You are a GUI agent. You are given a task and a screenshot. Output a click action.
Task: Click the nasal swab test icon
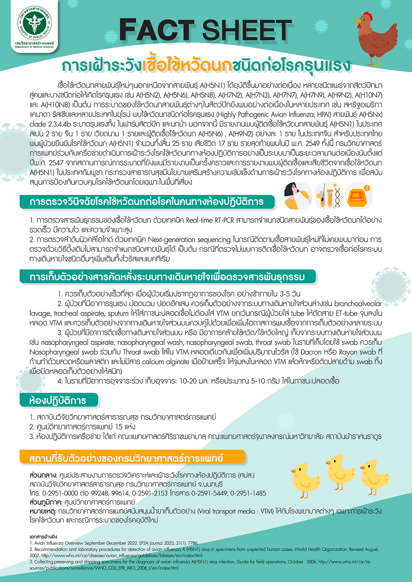coord(297,196)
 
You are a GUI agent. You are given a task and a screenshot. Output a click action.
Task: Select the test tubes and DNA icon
coord(328,196)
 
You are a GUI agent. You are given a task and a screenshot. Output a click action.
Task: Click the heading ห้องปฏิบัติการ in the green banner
coord(58,400)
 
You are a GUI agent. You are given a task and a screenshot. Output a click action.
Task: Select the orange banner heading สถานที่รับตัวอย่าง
coord(126,458)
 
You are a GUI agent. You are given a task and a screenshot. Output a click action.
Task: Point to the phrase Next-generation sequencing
coord(197,239)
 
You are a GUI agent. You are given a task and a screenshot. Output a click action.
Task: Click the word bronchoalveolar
coord(358,304)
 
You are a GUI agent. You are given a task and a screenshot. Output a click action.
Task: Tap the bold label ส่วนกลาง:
coord(43,475)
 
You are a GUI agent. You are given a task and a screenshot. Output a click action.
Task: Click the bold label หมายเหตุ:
coord(43,511)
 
